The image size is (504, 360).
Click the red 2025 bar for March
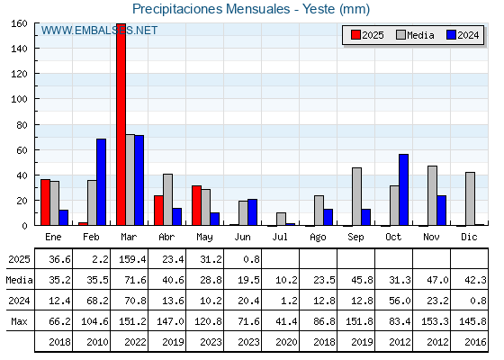[x=121, y=124]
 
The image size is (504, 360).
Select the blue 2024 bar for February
[x=101, y=182]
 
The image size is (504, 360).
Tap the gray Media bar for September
[x=356, y=196]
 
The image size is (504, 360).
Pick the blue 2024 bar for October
[x=404, y=190]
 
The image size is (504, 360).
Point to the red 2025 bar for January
[x=45, y=202]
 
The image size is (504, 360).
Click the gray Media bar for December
[x=470, y=199]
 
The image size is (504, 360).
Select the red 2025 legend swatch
[x=355, y=35]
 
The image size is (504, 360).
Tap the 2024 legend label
[x=468, y=35]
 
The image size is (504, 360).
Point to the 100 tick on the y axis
[x=19, y=99]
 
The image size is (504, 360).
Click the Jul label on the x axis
[x=280, y=237]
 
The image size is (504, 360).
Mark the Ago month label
[x=318, y=238]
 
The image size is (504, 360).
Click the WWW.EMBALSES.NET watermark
[x=99, y=31]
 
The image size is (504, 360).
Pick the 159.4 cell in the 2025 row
[x=132, y=259]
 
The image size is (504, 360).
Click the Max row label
[x=19, y=321]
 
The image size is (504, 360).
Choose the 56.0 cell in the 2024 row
[x=400, y=301]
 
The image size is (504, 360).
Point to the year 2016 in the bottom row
[x=475, y=342]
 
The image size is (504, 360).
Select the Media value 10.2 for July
[x=286, y=280]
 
